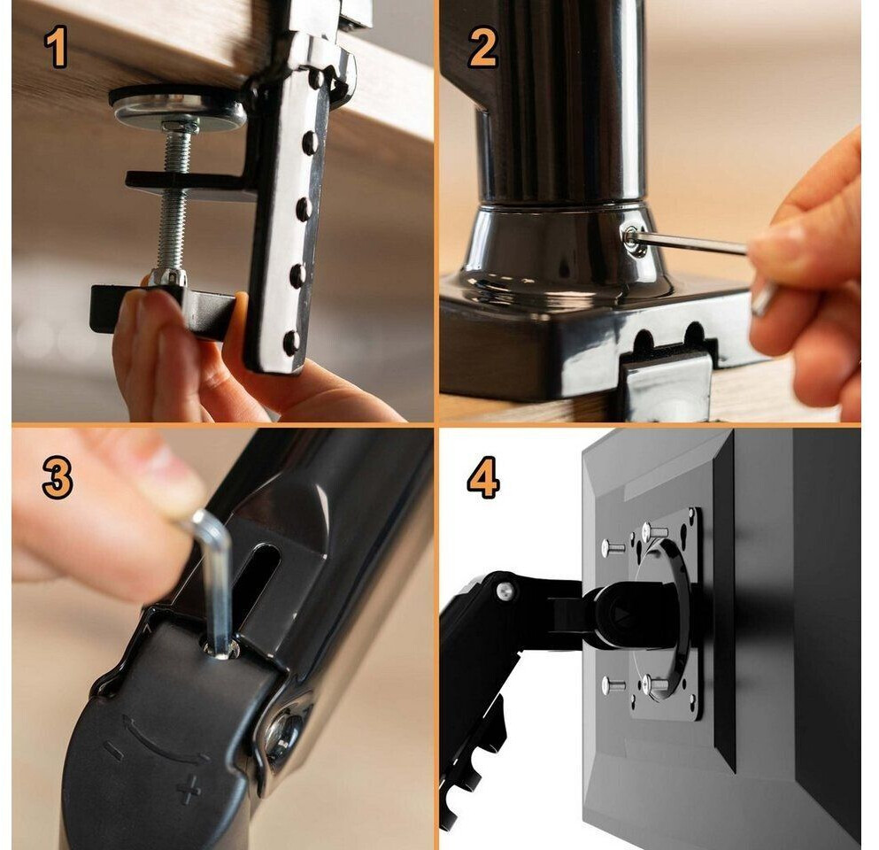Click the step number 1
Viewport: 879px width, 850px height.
[56, 47]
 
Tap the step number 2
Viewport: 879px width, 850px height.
[482, 47]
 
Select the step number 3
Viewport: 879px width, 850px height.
[58, 477]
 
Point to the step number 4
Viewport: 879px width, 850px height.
[483, 477]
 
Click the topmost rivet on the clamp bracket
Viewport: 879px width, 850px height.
[317, 79]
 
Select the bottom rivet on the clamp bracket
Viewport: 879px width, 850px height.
[291, 342]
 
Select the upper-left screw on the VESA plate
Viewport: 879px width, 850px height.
[612, 546]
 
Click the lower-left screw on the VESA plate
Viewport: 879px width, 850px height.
[612, 685]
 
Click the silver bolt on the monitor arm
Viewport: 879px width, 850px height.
[505, 590]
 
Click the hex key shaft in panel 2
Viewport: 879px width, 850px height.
[691, 243]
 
